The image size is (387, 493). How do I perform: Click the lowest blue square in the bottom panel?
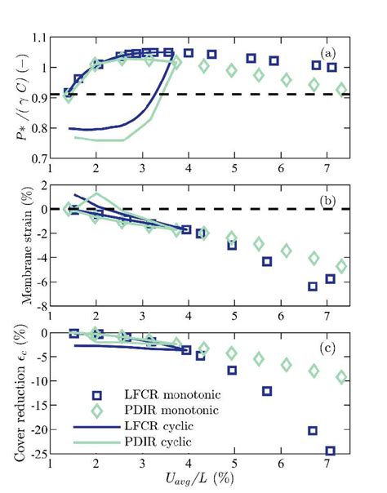click(x=331, y=451)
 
